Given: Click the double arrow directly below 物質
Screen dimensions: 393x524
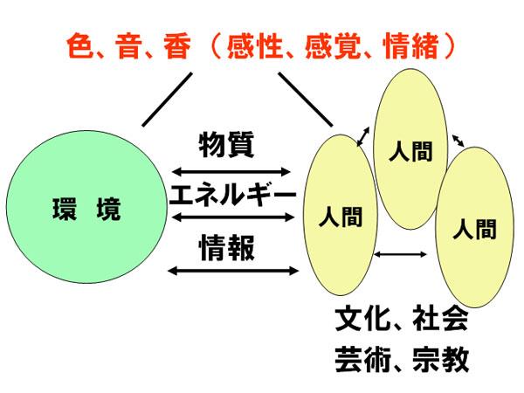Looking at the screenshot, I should pyautogui.click(x=229, y=170).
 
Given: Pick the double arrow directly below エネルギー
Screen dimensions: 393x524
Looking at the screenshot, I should pyautogui.click(x=229, y=217).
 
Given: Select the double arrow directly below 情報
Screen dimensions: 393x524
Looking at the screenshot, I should pyautogui.click(x=229, y=271).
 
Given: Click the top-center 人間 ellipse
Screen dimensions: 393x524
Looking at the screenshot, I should pyautogui.click(x=405, y=148).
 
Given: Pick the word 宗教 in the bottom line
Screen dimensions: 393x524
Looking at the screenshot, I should pyautogui.click(x=442, y=359).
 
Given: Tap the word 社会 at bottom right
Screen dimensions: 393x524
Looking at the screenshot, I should pyautogui.click(x=442, y=321).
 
